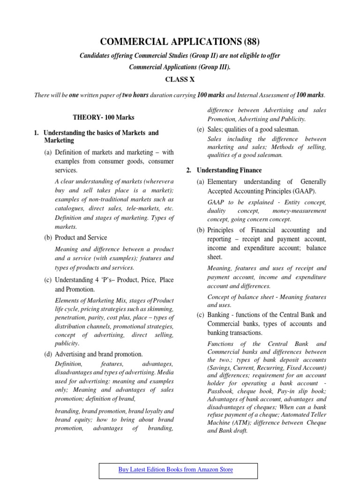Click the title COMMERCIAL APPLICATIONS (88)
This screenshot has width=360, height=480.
pos(180,41)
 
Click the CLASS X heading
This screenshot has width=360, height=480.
pos(180,80)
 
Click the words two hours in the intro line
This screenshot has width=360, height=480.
pos(135,95)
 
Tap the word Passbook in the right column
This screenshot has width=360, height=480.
pos(221,390)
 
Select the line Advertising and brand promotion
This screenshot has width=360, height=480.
pos(98,354)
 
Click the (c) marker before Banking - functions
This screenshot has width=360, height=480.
pos(201,315)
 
